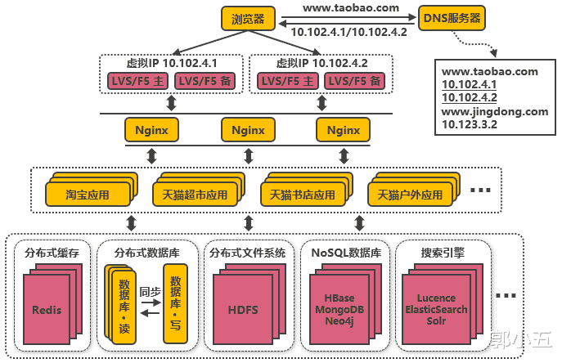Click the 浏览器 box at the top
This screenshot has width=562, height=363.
pos(248,18)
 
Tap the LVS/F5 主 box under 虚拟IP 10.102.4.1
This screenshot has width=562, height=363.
pos(135,81)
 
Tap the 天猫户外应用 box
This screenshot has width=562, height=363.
pos(410,195)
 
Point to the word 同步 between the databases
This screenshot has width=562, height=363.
pos(150,291)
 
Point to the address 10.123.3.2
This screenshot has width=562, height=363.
pos(470,124)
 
